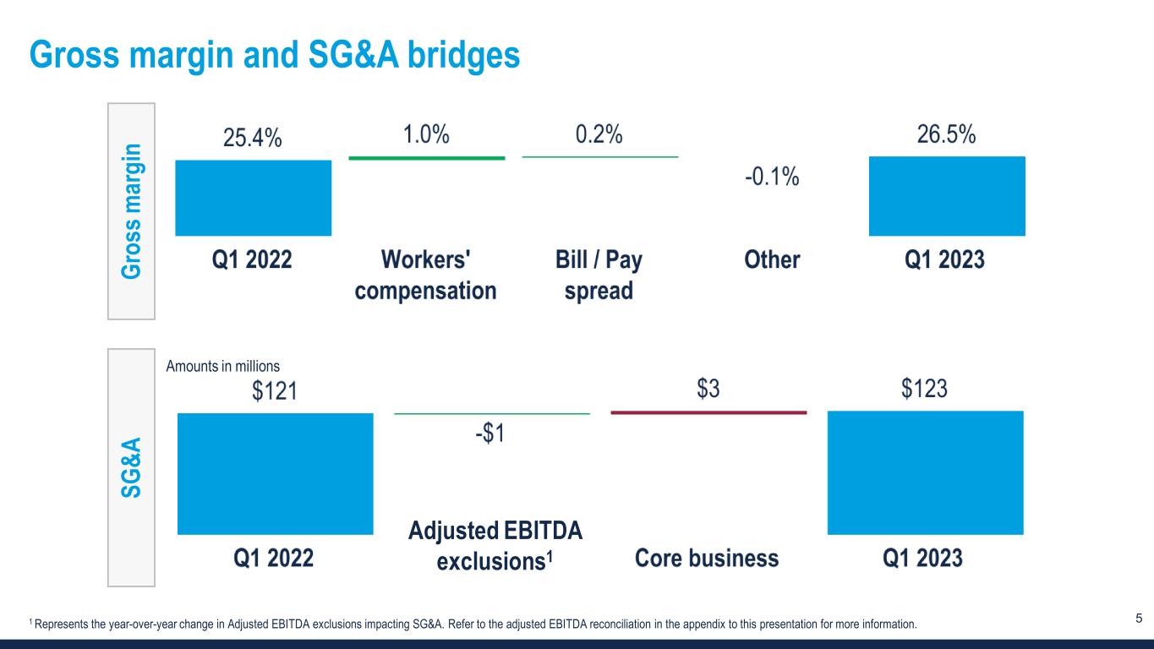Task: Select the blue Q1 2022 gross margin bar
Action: pos(253,198)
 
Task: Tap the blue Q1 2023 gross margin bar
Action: pos(947,196)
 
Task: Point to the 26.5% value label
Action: pos(947,136)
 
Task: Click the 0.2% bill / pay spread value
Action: pos(599,135)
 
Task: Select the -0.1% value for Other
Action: pos(771,179)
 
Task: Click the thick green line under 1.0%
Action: pos(427,158)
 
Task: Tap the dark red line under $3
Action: pos(708,412)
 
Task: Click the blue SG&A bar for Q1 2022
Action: pos(275,473)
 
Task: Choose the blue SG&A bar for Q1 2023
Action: pos(925,472)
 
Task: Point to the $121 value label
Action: pos(275,392)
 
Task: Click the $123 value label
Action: pos(923,390)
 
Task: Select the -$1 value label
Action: pos(490,434)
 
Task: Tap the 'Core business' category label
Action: pos(706,558)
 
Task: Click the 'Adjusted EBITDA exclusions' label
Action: pos(495,546)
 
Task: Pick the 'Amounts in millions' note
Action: pos(222,366)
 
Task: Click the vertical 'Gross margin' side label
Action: pos(131,210)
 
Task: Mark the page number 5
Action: pos(1138,619)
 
